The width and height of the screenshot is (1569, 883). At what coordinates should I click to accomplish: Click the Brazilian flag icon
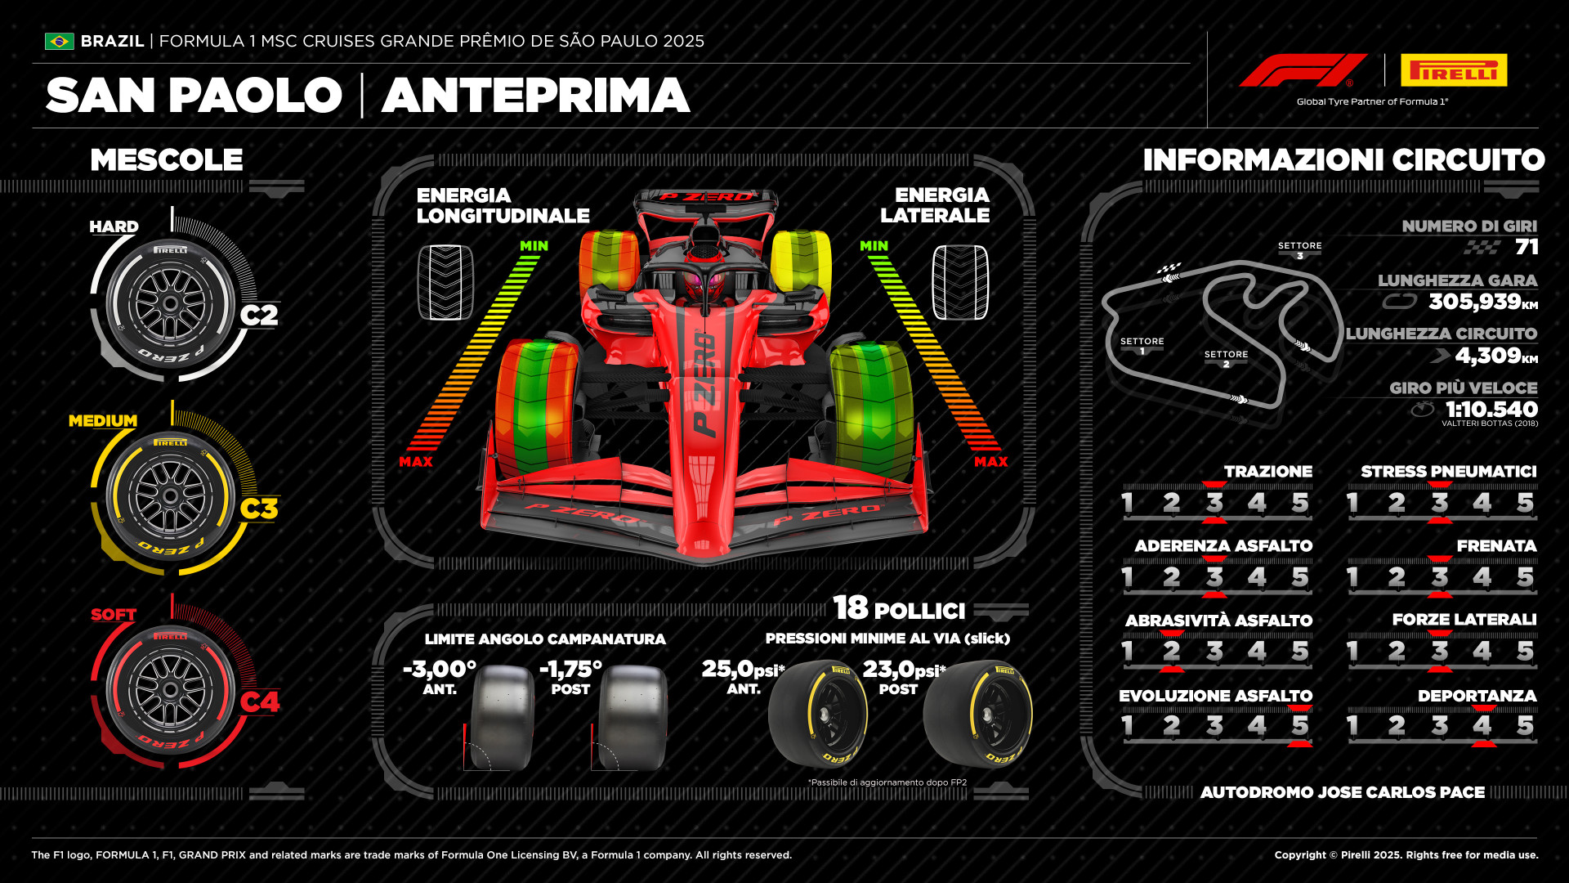[x=59, y=41]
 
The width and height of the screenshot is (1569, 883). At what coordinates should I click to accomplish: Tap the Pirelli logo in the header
[x=1454, y=70]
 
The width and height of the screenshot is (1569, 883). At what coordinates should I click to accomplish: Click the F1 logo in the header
[x=1303, y=70]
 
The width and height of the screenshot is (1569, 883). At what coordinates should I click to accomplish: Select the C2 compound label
[x=259, y=315]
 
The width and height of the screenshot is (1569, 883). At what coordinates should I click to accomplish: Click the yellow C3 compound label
[x=259, y=509]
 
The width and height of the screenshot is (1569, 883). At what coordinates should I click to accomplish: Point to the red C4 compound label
[x=259, y=701]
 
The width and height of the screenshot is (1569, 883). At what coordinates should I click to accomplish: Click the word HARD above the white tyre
[x=114, y=226]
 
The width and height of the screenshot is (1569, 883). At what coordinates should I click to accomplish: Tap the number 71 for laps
[x=1527, y=247]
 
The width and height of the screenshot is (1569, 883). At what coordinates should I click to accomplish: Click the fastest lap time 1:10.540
[x=1491, y=409]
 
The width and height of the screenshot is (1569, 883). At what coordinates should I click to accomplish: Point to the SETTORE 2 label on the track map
[x=1226, y=359]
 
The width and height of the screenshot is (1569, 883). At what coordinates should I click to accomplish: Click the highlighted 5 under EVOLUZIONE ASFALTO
[x=1300, y=725]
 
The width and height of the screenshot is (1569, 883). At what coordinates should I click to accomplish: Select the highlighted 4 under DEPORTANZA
[x=1482, y=725]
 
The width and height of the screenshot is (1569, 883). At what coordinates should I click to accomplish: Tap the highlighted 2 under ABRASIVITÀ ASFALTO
[x=1172, y=651]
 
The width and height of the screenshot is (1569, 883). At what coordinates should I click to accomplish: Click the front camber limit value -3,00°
[x=440, y=669]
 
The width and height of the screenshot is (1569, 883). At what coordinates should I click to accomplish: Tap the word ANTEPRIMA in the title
[x=536, y=96]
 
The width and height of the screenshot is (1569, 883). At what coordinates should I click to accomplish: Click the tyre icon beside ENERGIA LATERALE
[x=960, y=282]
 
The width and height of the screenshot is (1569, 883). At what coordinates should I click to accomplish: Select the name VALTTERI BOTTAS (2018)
[x=1490, y=424]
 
